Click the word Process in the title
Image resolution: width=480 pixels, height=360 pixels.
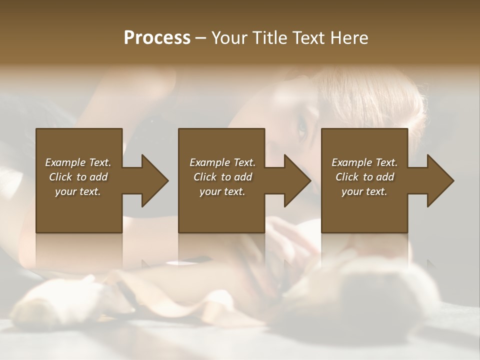click(157, 38)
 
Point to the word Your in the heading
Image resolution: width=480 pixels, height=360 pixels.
click(228, 38)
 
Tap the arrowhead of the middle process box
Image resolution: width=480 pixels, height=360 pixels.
click(297, 180)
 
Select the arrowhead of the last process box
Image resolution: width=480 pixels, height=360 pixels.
click(440, 180)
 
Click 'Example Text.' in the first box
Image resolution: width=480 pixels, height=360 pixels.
click(78, 162)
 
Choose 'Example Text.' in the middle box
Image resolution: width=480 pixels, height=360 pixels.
click(222, 162)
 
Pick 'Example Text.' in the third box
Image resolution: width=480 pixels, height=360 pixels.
click(364, 162)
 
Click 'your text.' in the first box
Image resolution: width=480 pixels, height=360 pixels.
click(78, 191)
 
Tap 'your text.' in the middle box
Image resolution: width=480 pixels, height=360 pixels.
click(222, 191)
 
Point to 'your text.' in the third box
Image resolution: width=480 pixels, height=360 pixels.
click(364, 191)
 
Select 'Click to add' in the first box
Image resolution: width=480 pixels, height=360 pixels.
click(78, 177)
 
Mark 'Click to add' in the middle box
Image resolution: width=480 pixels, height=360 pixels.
click(222, 177)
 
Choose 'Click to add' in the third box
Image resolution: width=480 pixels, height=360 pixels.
click(364, 177)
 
